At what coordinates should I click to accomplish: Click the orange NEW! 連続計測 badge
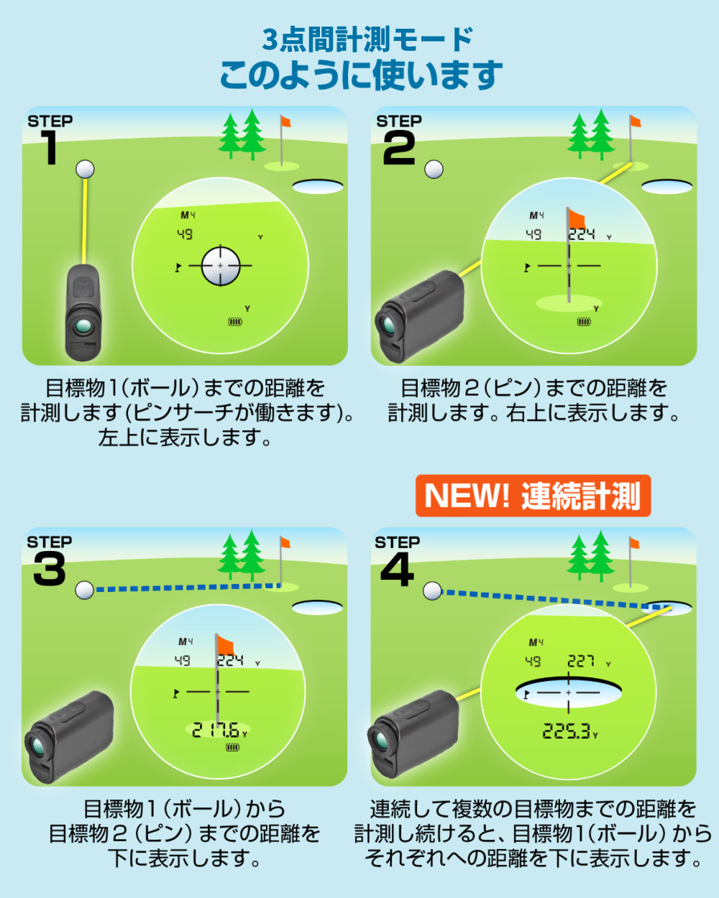[533, 496]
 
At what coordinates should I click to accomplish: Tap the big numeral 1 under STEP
[50, 147]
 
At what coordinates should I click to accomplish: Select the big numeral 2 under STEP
[399, 147]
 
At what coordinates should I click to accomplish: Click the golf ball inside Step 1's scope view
[221, 266]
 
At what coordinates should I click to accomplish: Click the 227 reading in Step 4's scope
[581, 661]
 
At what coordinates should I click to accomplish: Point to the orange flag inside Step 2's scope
[577, 219]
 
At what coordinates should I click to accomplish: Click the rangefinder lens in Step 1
[83, 326]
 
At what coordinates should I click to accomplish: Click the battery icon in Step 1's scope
[235, 322]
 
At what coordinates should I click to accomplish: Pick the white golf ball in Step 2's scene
[434, 170]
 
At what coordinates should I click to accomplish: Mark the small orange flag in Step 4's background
[635, 543]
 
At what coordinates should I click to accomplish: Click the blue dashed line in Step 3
[188, 588]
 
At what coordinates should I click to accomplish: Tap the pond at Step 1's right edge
[318, 186]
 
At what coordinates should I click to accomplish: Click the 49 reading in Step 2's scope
[533, 234]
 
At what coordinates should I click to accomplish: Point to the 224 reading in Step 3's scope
[230, 660]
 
